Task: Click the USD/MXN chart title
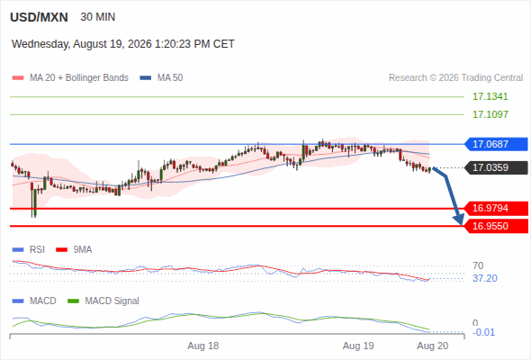39,17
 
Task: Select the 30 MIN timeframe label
98,17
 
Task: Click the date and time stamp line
123,44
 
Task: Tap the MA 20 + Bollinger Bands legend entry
70,78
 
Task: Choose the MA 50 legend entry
161,78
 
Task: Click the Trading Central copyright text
455,78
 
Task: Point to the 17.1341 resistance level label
490,96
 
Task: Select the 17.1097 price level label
490,114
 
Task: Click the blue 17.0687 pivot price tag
496,144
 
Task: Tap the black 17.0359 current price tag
496,167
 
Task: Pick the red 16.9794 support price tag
496,208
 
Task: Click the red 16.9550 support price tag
496,226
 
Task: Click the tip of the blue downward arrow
461,224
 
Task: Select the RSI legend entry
29,250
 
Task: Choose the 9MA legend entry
74,250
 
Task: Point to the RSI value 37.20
485,278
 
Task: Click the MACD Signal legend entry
103,301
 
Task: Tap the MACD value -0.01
483,332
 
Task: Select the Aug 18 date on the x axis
203,346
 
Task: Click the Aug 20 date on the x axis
433,346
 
